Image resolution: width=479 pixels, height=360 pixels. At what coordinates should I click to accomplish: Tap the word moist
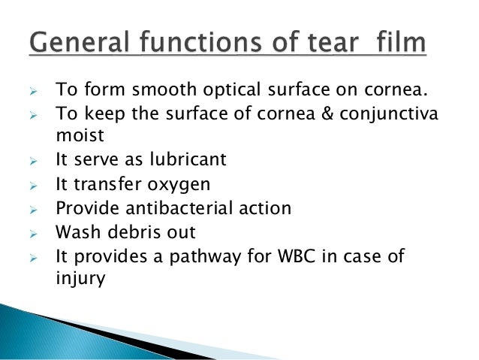point(78,137)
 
